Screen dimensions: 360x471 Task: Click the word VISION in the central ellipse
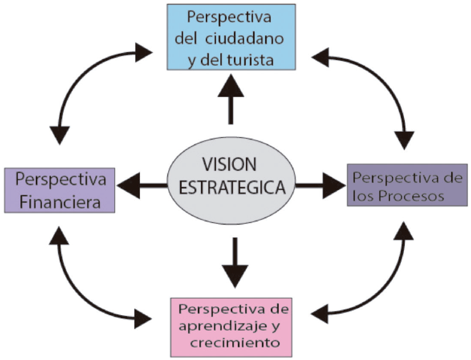click(x=229, y=164)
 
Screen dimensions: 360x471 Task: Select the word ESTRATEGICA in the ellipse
click(x=229, y=186)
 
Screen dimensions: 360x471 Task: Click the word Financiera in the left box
click(x=59, y=202)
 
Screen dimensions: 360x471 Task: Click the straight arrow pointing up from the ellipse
click(x=230, y=99)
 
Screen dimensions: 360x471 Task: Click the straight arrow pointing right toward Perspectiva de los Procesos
click(x=321, y=186)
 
